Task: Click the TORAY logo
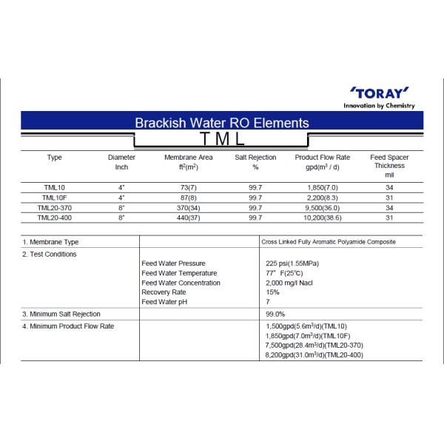(379, 93)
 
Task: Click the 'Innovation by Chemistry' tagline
(380, 106)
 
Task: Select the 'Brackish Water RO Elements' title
(222, 123)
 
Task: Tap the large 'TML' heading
(222, 139)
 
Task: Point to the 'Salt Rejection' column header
(255, 158)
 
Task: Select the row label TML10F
(54, 198)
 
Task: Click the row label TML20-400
(54, 218)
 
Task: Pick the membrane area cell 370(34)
(188, 208)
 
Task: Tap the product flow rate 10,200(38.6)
(322, 218)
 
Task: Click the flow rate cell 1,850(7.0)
(322, 187)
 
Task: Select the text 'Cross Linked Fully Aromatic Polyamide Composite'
(329, 242)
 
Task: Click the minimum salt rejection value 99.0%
(275, 314)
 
